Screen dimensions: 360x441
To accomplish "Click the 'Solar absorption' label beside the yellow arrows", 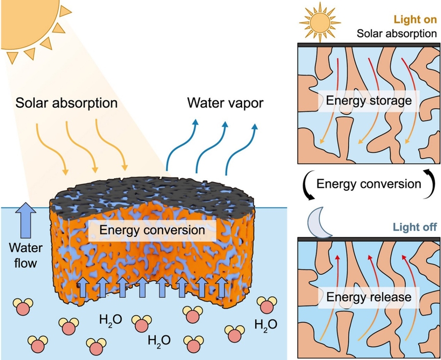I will click(x=67, y=103).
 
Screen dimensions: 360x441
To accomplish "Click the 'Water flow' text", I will click(x=25, y=256).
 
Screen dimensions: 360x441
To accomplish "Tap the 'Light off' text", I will click(x=414, y=227).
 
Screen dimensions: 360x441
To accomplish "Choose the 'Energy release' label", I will click(x=369, y=297).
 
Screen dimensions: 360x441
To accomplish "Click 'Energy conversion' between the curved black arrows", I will click(x=369, y=184).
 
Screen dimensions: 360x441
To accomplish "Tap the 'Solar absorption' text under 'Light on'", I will click(x=396, y=34).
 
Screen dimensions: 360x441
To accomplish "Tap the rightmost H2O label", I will click(x=265, y=324).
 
